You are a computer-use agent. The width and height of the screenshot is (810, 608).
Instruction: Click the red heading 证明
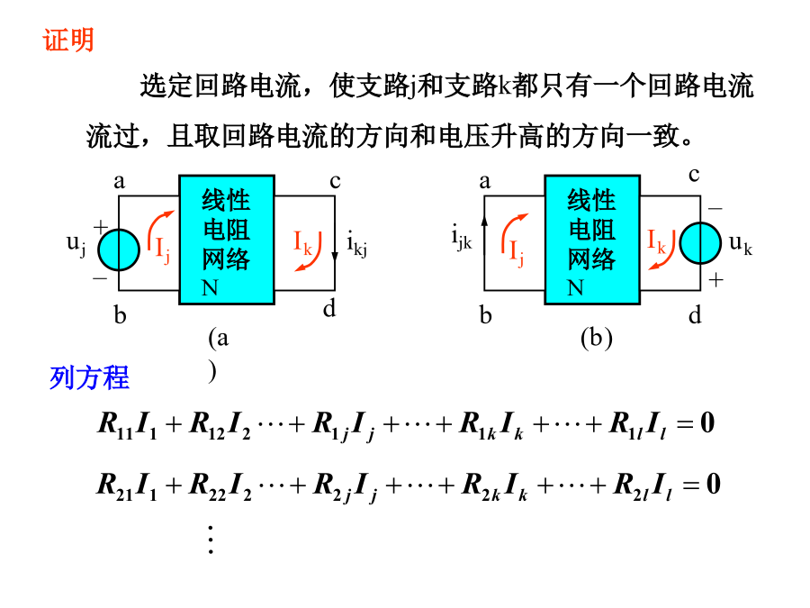67,40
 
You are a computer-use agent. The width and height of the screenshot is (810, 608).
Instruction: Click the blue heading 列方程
89,377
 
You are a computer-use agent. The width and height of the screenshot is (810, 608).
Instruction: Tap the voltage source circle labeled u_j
119,250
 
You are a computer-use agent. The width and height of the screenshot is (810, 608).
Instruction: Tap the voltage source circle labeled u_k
700,243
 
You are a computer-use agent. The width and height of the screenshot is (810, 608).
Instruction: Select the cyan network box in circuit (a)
226,240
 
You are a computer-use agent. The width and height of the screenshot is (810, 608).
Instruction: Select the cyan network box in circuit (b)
592,240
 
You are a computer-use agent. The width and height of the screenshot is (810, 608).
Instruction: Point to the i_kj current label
356,244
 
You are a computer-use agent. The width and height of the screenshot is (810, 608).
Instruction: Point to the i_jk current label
462,237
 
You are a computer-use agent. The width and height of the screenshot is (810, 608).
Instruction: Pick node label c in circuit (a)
336,181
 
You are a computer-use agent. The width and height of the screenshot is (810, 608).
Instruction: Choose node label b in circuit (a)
120,314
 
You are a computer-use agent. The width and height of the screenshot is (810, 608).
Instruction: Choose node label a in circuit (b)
484,181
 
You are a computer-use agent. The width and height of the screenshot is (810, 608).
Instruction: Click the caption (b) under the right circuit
596,339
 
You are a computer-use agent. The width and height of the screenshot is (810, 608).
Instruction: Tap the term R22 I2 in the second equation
220,487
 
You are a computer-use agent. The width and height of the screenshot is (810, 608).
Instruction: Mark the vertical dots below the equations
211,540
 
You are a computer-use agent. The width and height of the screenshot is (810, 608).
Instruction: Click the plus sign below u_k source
715,280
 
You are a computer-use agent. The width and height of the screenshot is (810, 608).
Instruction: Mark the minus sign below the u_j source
100,278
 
